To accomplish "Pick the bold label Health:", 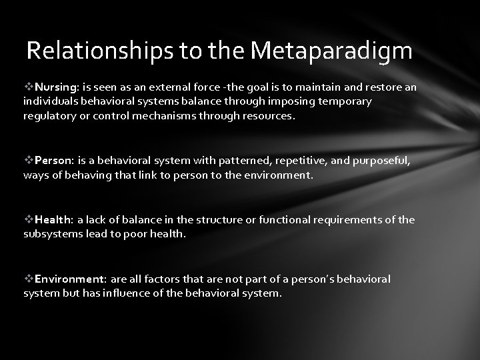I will coord(55,220).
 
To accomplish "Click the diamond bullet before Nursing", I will coord(28,87).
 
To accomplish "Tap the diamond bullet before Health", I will coord(28,220).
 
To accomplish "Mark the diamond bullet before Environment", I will coord(28,279).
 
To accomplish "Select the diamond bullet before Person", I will coord(28,161).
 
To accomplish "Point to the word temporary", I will coord(341,101).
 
